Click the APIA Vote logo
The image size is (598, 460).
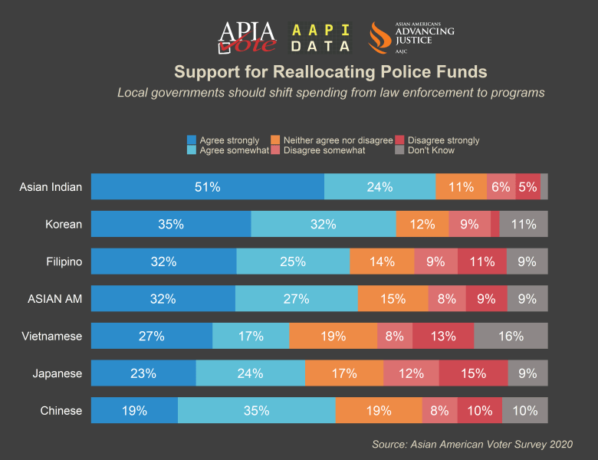click(x=247, y=37)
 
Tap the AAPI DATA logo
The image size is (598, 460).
click(x=321, y=38)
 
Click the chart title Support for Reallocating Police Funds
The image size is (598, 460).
click(x=330, y=72)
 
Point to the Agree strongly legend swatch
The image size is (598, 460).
click(x=192, y=140)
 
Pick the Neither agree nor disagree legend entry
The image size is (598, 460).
click(x=332, y=140)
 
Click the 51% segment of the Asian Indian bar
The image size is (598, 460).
click(x=207, y=186)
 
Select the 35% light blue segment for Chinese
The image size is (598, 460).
click(x=256, y=410)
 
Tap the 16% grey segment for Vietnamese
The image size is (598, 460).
click(x=511, y=336)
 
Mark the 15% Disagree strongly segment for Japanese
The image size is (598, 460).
click(x=473, y=373)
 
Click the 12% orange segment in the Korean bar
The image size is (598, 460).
click(x=422, y=224)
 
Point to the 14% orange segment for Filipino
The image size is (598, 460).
click(x=382, y=261)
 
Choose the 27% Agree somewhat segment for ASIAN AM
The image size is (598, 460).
click(x=296, y=299)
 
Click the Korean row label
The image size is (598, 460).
click(x=64, y=224)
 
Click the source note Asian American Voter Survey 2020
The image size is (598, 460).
click(x=472, y=444)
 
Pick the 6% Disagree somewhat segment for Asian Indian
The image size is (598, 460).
click(x=501, y=186)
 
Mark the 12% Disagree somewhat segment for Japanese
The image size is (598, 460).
click(x=411, y=373)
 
